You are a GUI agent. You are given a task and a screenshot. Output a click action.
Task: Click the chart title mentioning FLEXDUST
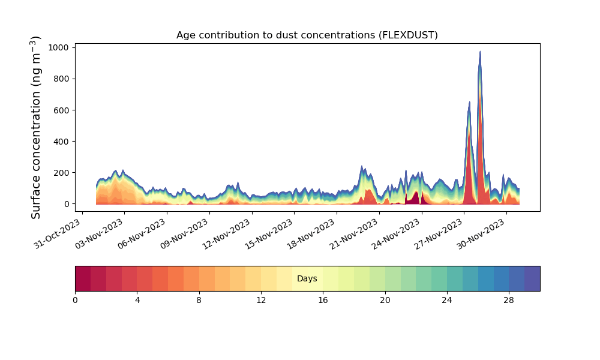pos(307,35)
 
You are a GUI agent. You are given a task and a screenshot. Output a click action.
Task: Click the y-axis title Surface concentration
pos(35,128)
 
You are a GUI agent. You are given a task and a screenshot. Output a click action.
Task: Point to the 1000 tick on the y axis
pos(59,47)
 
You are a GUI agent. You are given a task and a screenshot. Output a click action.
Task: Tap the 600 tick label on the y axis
pos(61,110)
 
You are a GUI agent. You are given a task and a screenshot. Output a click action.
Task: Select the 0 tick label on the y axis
pos(67,204)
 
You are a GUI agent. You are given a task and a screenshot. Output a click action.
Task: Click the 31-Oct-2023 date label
pos(58,234)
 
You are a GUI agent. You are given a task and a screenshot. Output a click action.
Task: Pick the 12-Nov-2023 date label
pos(227,234)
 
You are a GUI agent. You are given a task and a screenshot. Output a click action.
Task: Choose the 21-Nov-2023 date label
pos(354,234)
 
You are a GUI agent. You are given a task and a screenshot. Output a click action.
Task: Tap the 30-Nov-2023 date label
pos(481,234)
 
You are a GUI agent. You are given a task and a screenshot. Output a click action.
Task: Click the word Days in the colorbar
pos(307,278)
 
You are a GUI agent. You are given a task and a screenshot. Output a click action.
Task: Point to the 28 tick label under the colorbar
pos(509,301)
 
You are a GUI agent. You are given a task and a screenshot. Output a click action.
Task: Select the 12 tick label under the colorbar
pos(261,301)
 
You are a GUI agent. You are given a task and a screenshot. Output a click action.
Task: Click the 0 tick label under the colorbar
pos(75,301)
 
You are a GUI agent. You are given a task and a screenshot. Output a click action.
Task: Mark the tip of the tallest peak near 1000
pos(480,51)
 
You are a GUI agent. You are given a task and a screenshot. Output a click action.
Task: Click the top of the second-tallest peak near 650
pos(470,102)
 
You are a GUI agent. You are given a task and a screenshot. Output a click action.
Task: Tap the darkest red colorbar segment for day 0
pos(83,278)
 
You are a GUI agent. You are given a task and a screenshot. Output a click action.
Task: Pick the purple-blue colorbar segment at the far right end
pos(532,278)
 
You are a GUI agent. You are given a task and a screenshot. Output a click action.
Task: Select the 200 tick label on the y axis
pos(61,173)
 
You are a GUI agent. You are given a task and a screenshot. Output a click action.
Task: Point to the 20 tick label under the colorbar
pos(385,301)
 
